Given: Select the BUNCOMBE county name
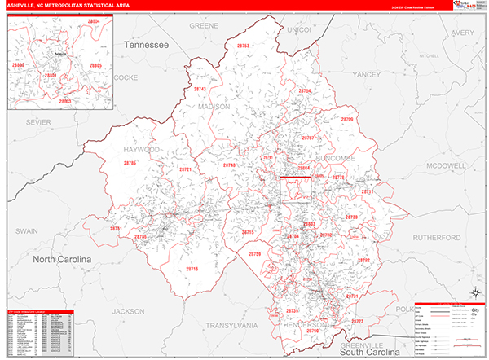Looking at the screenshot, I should [x=324, y=151].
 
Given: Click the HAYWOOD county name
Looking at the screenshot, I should [x=140, y=151].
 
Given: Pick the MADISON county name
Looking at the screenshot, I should [x=214, y=106].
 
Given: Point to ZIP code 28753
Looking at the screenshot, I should [x=243, y=47].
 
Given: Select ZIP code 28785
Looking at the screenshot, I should [x=130, y=164].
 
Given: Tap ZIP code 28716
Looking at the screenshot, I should [x=192, y=269].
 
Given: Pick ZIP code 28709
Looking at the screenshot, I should [x=348, y=120].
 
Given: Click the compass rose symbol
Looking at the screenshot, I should [x=474, y=293].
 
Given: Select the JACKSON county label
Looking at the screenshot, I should [x=128, y=311].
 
